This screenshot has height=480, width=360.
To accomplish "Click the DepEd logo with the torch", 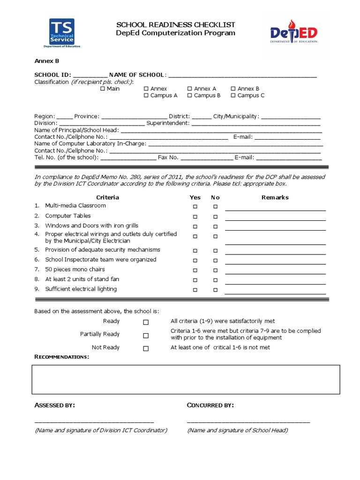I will coord(293,33).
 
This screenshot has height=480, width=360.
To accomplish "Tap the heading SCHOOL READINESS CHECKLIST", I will coord(176,24).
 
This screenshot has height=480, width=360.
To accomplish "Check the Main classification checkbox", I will coord(103,89).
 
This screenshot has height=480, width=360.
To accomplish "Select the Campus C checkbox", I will coord(233,96).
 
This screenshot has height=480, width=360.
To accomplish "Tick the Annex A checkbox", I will coord(189,89).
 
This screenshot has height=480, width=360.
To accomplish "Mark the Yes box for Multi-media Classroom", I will coord(195,207).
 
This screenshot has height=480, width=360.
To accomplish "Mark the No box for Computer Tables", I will coord(215,217).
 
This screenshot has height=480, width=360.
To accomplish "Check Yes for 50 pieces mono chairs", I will coord(195,270).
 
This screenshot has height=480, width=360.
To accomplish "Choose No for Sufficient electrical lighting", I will coord(215,290).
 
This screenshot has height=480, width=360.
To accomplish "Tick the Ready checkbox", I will coord(146,322).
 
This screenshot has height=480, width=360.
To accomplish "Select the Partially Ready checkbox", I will coord(146,336).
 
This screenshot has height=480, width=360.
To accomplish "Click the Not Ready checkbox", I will coord(146,349).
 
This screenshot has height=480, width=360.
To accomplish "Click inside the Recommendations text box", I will coord(186,380).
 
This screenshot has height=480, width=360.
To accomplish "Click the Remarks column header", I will coord(275,197).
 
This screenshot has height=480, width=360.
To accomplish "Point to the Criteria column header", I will coord(107,197).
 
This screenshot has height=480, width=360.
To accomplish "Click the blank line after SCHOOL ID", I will coord(90,76).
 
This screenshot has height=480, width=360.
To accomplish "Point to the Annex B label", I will coord(46,61).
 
